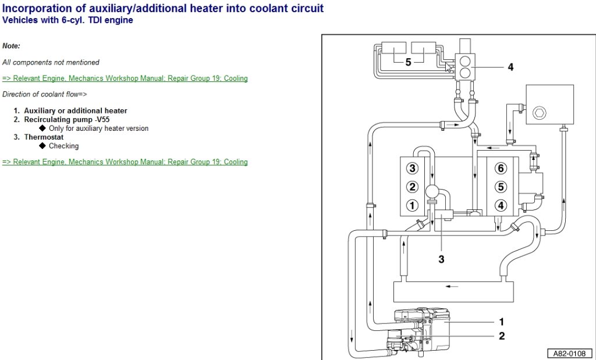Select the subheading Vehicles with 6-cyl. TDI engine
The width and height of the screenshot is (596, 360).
click(68, 20)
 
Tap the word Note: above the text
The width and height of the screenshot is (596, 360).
click(11, 45)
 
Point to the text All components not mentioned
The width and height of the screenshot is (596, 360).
click(51, 62)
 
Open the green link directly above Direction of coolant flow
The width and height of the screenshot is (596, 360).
click(125, 79)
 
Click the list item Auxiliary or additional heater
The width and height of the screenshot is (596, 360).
click(75, 111)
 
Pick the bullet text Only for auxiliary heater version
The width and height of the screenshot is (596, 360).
click(98, 129)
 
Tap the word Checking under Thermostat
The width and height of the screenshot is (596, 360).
click(63, 146)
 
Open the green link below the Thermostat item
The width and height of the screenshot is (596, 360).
click(125, 162)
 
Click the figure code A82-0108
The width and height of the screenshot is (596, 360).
click(569, 353)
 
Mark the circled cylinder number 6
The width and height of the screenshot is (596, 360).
click(499, 169)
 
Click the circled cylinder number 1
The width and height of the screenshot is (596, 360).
click(412, 205)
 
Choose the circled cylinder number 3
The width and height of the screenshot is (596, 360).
click(412, 169)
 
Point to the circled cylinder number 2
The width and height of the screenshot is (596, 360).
click(412, 187)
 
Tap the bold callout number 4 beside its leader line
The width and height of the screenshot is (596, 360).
click(510, 67)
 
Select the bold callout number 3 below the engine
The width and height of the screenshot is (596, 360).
click(441, 259)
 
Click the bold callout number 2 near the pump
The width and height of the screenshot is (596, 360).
click(501, 336)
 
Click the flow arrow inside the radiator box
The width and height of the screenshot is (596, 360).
click(448, 286)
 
